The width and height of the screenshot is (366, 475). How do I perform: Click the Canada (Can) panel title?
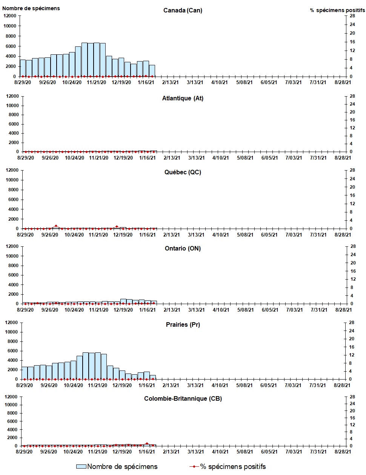(183, 11)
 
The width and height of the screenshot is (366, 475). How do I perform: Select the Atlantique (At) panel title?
(183, 98)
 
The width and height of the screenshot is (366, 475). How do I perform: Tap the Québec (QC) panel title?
(183, 172)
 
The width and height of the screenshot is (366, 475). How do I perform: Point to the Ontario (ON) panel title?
(183, 248)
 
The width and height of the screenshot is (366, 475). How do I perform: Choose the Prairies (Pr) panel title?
(183, 324)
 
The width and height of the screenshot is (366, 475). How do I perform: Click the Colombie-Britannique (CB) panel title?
(183, 398)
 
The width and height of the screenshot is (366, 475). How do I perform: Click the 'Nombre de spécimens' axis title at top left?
(31, 8)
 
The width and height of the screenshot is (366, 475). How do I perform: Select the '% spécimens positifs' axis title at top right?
(337, 10)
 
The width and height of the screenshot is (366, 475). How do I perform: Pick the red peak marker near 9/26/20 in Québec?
(56, 226)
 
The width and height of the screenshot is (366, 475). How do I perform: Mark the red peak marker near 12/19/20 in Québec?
(117, 227)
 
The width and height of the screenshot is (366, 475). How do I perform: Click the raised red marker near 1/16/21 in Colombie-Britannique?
(147, 444)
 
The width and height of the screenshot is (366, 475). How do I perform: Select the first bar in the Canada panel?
(23, 68)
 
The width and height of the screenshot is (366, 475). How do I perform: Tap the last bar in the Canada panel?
(152, 71)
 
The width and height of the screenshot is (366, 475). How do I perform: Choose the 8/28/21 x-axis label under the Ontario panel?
(343, 310)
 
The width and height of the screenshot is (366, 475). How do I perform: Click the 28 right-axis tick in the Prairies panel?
(352, 323)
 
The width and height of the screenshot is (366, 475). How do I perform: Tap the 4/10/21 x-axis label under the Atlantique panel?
(221, 158)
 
